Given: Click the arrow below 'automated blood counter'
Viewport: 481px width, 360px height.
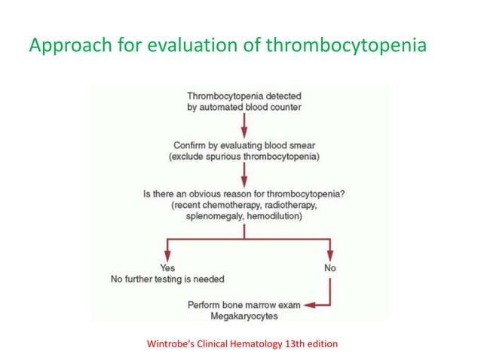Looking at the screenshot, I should click(x=244, y=124).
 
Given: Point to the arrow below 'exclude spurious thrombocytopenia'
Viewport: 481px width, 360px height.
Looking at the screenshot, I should click(x=244, y=174).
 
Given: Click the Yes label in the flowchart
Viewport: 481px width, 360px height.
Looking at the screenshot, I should click(x=167, y=268).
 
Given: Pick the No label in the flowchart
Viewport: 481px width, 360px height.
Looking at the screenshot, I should click(x=329, y=268).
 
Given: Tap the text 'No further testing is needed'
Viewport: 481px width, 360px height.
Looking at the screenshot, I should click(x=167, y=279).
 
